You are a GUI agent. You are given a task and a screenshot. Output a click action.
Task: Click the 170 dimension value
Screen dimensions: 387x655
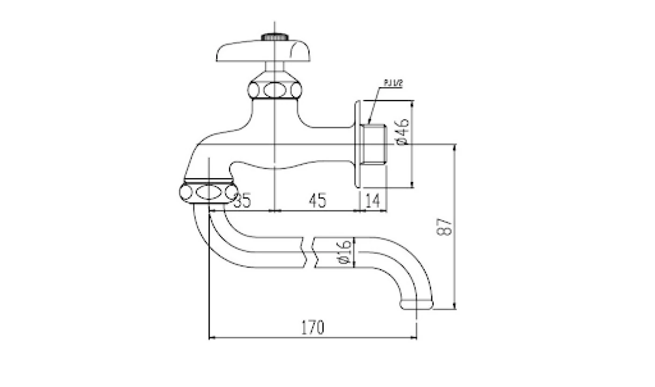point(312,327)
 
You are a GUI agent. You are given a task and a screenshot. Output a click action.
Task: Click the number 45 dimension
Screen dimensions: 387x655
point(317,201)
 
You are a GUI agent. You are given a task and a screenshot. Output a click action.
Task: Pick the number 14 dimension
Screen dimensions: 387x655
point(372,201)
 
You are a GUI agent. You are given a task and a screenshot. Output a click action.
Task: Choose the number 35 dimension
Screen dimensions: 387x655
point(242,201)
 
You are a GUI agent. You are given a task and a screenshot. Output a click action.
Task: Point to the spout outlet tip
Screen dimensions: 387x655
point(416,305)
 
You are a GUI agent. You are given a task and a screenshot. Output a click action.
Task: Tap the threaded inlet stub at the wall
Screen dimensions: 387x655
point(374,143)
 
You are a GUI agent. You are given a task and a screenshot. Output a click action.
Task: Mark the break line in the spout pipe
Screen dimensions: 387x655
point(310,253)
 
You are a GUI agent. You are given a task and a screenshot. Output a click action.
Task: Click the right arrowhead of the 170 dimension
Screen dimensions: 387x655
point(415,337)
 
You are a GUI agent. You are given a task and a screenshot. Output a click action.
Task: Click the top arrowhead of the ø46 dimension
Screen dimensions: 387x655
point(412,102)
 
